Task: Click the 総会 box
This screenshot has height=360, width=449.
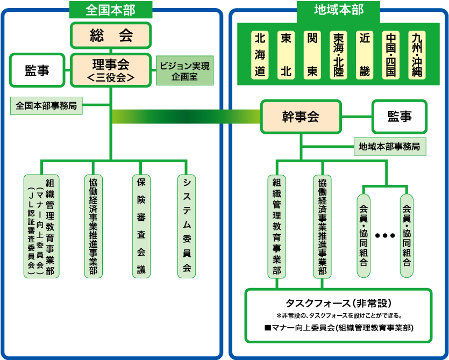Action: pyautogui.click(x=111, y=35)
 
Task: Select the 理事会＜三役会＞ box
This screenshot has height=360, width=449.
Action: pyautogui.click(x=111, y=70)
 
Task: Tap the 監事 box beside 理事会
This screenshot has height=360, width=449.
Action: pyautogui.click(x=37, y=70)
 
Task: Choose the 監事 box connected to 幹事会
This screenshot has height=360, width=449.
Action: pyautogui.click(x=400, y=117)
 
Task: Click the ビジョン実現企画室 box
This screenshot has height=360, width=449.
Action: pyautogui.click(x=184, y=71)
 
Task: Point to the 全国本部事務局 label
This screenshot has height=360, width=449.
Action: pyautogui.click(x=46, y=106)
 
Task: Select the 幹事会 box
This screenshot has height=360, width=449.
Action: pyautogui.click(x=301, y=117)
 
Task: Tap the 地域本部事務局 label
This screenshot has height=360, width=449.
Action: pyautogui.click(x=390, y=147)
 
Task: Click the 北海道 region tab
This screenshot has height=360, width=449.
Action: pyautogui.click(x=260, y=55)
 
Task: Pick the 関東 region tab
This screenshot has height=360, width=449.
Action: pyautogui.click(x=312, y=55)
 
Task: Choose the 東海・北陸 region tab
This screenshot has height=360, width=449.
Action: pyautogui.click(x=338, y=55)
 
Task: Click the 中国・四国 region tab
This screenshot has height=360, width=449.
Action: pyautogui.click(x=391, y=55)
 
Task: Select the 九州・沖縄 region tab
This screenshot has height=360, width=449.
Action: pyautogui.click(x=417, y=55)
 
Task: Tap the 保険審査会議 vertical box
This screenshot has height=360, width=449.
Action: pyautogui.click(x=141, y=226)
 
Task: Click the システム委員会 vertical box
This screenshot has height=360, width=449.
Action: pyautogui.click(x=187, y=226)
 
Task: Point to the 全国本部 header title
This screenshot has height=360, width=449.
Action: pyautogui.click(x=111, y=10)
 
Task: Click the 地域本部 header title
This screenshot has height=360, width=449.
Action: pyautogui.click(x=339, y=10)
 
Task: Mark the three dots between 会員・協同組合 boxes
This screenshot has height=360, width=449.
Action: pyautogui.click(x=385, y=235)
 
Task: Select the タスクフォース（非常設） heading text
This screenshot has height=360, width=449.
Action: pyautogui.click(x=338, y=303)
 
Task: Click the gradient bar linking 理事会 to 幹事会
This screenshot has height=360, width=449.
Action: pyautogui.click(x=186, y=117)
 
